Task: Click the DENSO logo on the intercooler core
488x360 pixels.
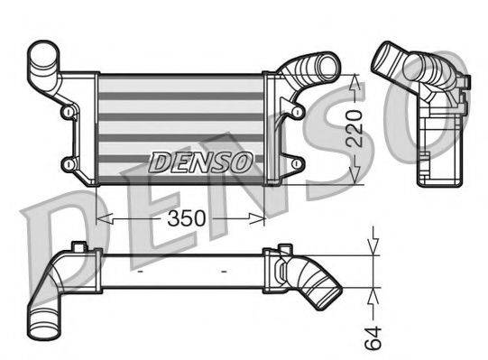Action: (199, 162)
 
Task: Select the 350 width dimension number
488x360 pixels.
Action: (184, 219)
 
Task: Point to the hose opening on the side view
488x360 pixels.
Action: (391, 54)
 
